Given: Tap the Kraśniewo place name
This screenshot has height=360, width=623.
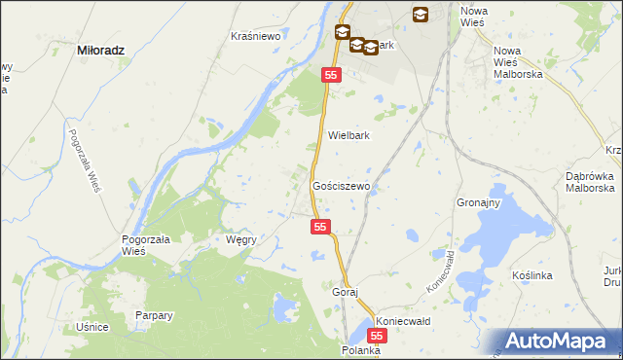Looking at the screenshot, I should (x=255, y=36).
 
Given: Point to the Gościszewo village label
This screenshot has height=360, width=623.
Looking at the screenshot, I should (x=340, y=185).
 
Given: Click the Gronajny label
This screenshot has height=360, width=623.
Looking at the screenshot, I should (x=478, y=203).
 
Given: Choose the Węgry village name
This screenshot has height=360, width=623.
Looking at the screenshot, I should (x=240, y=239).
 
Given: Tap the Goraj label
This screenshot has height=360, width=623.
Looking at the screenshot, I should (x=346, y=292).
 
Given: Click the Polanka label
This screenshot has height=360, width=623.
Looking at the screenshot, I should (x=360, y=349).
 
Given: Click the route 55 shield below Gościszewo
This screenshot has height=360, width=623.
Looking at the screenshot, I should (x=322, y=227).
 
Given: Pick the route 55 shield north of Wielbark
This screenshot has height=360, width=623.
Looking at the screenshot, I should (x=332, y=75).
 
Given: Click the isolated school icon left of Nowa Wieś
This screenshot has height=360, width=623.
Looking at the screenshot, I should (x=421, y=14).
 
